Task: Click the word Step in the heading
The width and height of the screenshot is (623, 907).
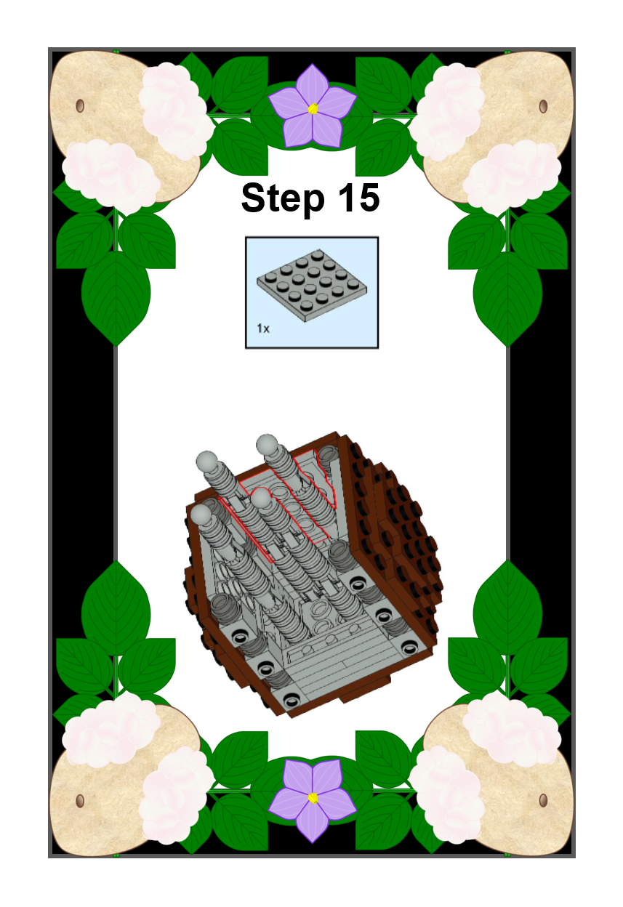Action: pyautogui.click(x=283, y=198)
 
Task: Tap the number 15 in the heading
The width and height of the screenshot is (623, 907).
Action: pyautogui.click(x=359, y=197)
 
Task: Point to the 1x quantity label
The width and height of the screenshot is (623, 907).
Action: pyautogui.click(x=263, y=328)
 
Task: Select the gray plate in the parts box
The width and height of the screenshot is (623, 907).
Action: pyautogui.click(x=312, y=286)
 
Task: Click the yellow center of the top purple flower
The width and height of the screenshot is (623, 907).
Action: pyautogui.click(x=313, y=108)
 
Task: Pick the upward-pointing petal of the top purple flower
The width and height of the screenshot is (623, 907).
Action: pyautogui.click(x=312, y=84)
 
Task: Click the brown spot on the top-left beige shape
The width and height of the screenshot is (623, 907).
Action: pyautogui.click(x=80, y=106)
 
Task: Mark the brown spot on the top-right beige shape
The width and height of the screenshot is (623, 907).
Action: pyautogui.click(x=544, y=106)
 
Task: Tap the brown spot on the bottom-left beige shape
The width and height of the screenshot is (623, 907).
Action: pyautogui.click(x=80, y=800)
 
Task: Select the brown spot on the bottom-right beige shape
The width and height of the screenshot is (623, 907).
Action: pyautogui.click(x=544, y=800)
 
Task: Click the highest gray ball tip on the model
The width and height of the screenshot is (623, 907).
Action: pyautogui.click(x=267, y=444)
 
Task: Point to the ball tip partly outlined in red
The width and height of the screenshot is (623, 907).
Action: pyautogui.click(x=261, y=498)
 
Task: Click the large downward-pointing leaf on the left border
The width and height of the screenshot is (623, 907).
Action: pyautogui.click(x=116, y=298)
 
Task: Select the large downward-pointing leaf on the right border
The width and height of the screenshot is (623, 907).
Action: pyautogui.click(x=507, y=299)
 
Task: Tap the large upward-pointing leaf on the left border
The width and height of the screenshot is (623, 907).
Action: pyautogui.click(x=116, y=608)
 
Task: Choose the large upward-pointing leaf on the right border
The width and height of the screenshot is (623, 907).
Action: pyautogui.click(x=507, y=608)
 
